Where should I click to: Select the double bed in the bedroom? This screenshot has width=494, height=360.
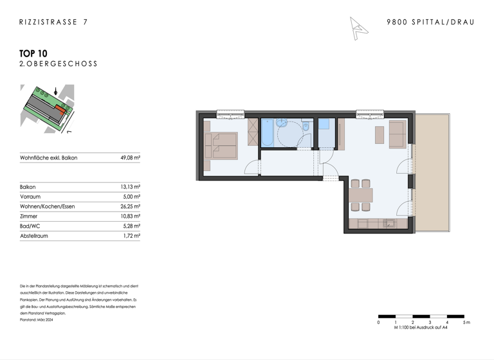click(221, 144)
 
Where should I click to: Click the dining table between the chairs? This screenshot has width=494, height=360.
click(361, 195)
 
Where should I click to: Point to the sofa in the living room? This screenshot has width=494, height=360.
click(397, 134)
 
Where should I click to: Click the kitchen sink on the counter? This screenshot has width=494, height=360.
click(389, 224)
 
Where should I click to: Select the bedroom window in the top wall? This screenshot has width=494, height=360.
click(230, 114)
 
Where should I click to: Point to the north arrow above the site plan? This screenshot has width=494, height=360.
click(57, 91)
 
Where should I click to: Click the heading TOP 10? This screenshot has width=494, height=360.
click(33, 53)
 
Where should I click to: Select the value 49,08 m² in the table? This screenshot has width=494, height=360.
click(130, 157)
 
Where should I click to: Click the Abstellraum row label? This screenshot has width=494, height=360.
click(34, 236)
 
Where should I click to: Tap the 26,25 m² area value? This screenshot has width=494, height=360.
click(130, 206)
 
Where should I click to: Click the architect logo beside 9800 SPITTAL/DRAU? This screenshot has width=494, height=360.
click(358, 28)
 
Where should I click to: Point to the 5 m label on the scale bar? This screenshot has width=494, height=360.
click(466, 322)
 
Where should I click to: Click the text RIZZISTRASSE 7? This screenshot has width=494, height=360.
click(54, 22)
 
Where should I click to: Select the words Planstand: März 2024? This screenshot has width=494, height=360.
click(37, 319)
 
